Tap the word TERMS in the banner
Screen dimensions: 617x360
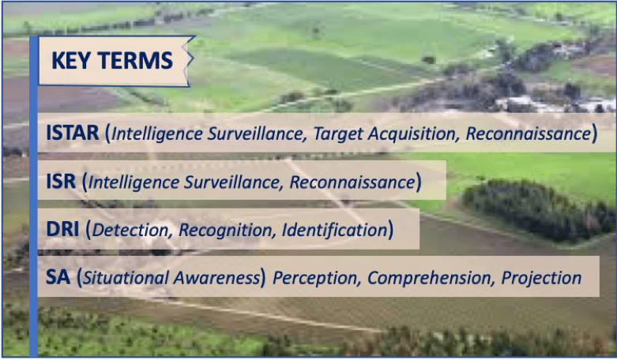click(136, 61)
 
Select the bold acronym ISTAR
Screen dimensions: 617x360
click(73, 133)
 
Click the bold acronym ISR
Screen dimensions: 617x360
click(61, 181)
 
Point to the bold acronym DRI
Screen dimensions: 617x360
click(62, 229)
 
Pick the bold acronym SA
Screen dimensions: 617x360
click(58, 277)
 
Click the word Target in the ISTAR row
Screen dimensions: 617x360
click(338, 134)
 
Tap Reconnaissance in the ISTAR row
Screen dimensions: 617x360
click(529, 133)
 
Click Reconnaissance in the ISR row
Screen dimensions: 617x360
click(352, 182)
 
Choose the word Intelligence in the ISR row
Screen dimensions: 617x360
click(133, 182)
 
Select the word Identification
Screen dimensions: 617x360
click(335, 230)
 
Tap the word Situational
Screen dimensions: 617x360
click(126, 278)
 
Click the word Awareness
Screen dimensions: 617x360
click(216, 278)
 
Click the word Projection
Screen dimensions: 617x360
click(541, 278)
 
